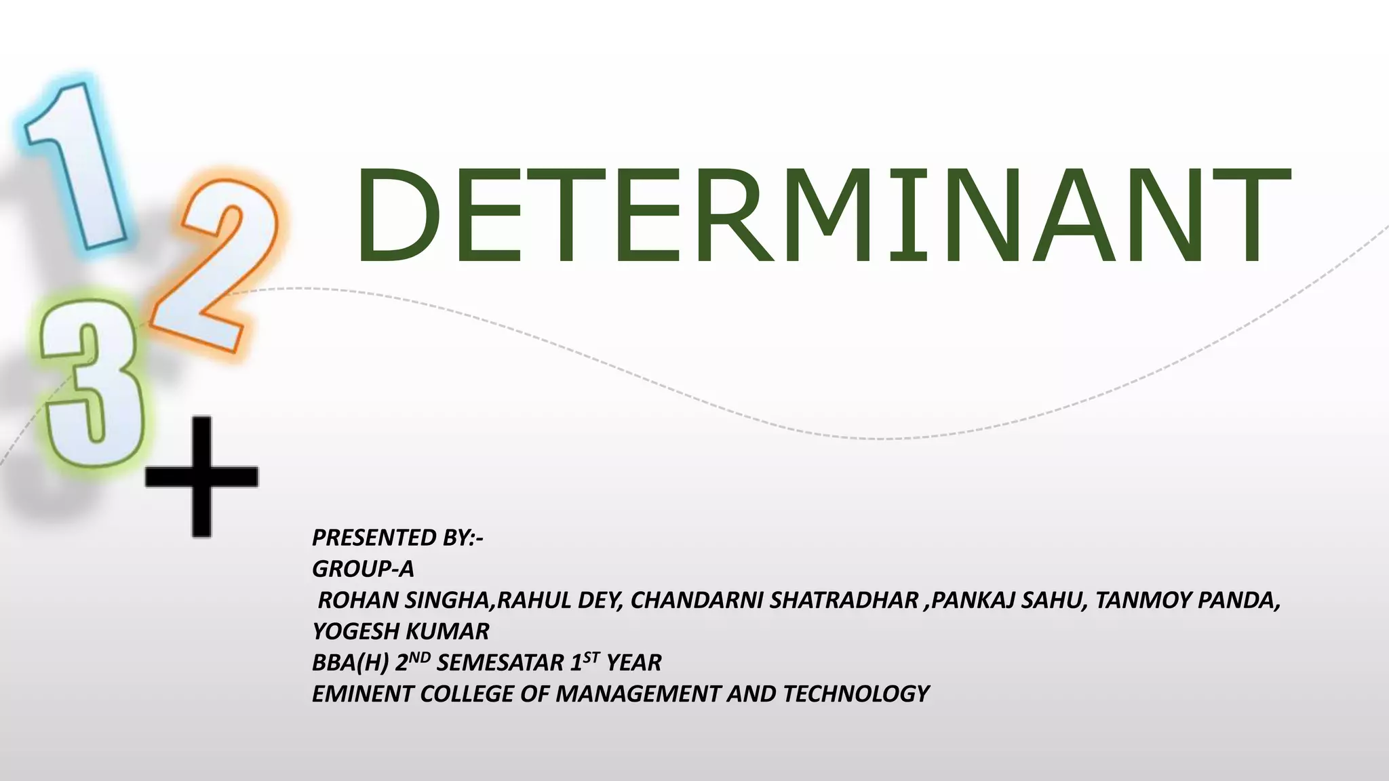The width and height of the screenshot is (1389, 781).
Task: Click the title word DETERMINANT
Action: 822,216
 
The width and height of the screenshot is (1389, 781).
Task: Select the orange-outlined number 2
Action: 210,271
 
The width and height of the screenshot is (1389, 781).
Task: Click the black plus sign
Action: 201,477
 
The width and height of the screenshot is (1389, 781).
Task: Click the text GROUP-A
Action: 363,569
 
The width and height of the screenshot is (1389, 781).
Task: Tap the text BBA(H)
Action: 350,662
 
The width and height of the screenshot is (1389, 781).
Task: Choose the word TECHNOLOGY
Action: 856,694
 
